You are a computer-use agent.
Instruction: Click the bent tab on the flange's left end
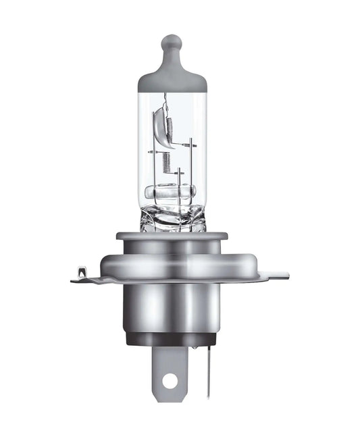(x=81, y=274)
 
